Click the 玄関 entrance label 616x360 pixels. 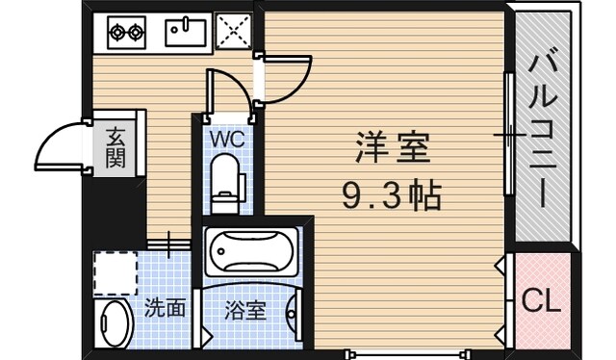tap(115, 147)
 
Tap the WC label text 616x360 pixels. tap(227, 139)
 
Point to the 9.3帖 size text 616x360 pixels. tap(391, 196)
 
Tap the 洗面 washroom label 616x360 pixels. tap(165, 309)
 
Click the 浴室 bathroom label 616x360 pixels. tap(246, 310)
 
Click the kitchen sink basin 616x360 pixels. tap(188, 33)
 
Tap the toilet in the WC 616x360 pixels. tap(226, 184)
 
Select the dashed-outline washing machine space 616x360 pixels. tap(116, 270)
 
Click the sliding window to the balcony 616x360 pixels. tap(506, 135)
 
